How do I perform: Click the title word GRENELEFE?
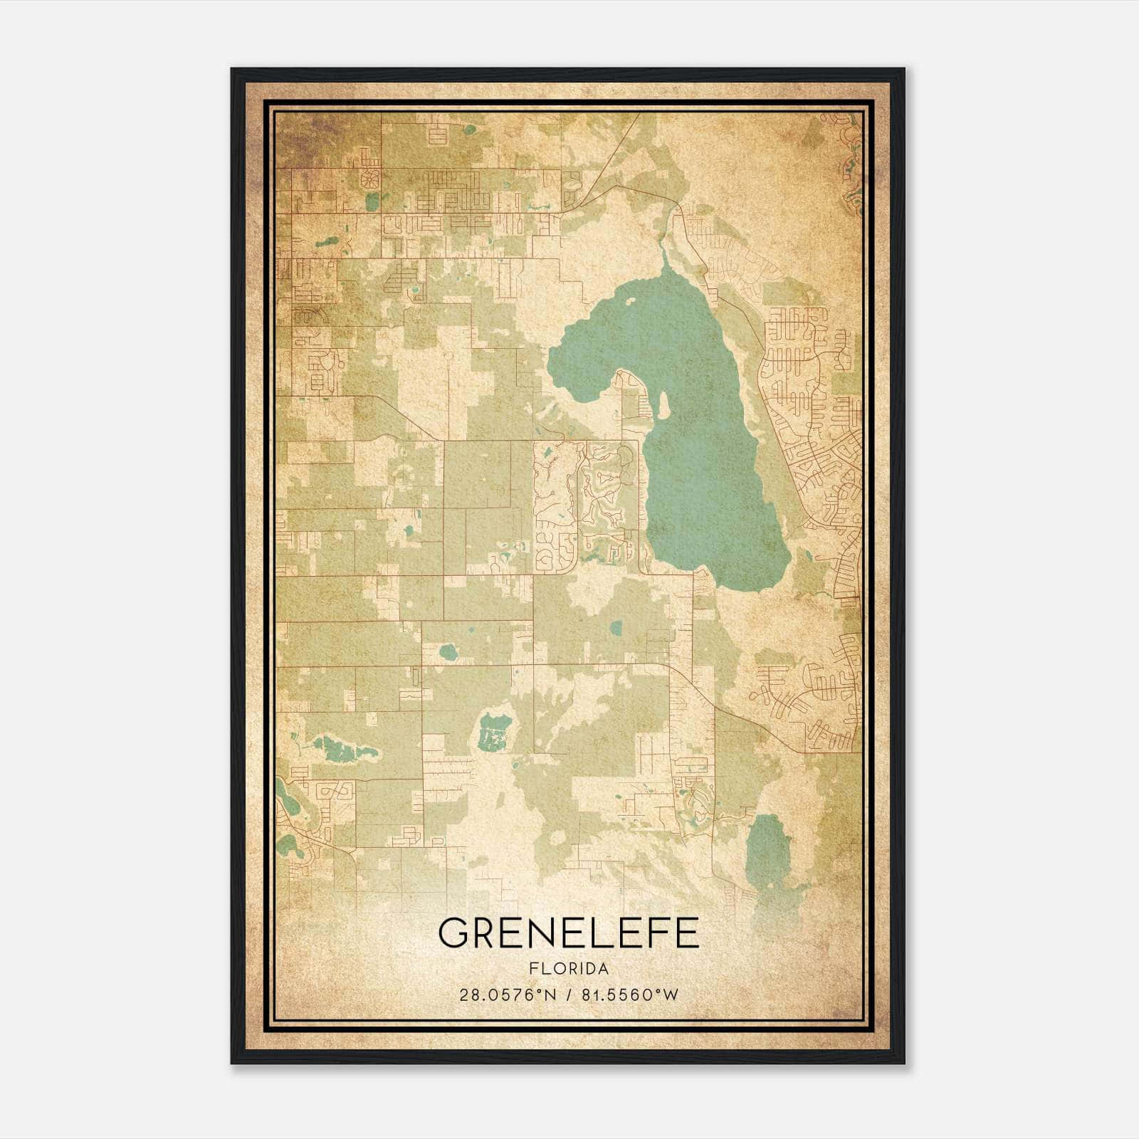(569, 933)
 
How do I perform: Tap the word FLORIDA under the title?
(569, 969)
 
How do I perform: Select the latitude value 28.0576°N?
(505, 994)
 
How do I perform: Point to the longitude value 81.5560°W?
(630, 994)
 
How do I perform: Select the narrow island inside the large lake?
(663, 404)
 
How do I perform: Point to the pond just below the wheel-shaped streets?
(372, 202)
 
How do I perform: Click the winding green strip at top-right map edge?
(851, 164)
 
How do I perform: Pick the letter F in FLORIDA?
(533, 969)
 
